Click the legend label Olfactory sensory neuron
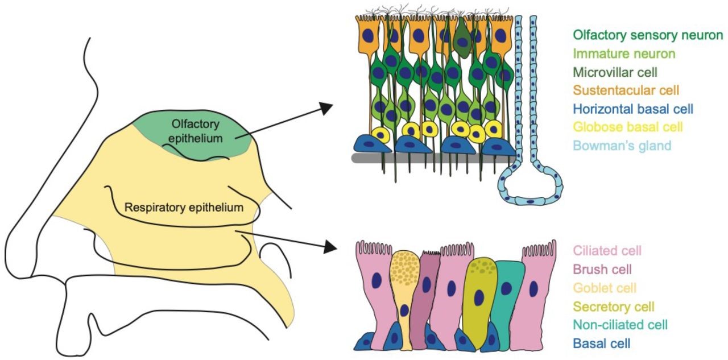pos(648,35)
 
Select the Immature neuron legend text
pos(624,54)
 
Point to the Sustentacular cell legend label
pos(626,90)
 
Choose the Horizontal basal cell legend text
pos(633,109)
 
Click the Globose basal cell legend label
pos(628,127)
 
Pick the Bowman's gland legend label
pos(622,146)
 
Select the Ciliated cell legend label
pos(607,251)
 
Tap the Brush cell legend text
pos(602,269)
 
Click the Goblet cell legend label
pos(605,288)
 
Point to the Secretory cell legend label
pos(614,307)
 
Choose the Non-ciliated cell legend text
pos(620,325)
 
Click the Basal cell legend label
pos(602,343)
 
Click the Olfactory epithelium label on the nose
pos(196,130)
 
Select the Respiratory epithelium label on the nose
pos(184,208)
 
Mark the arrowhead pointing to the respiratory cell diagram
pos(329,247)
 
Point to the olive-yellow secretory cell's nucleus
pos(479,297)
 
